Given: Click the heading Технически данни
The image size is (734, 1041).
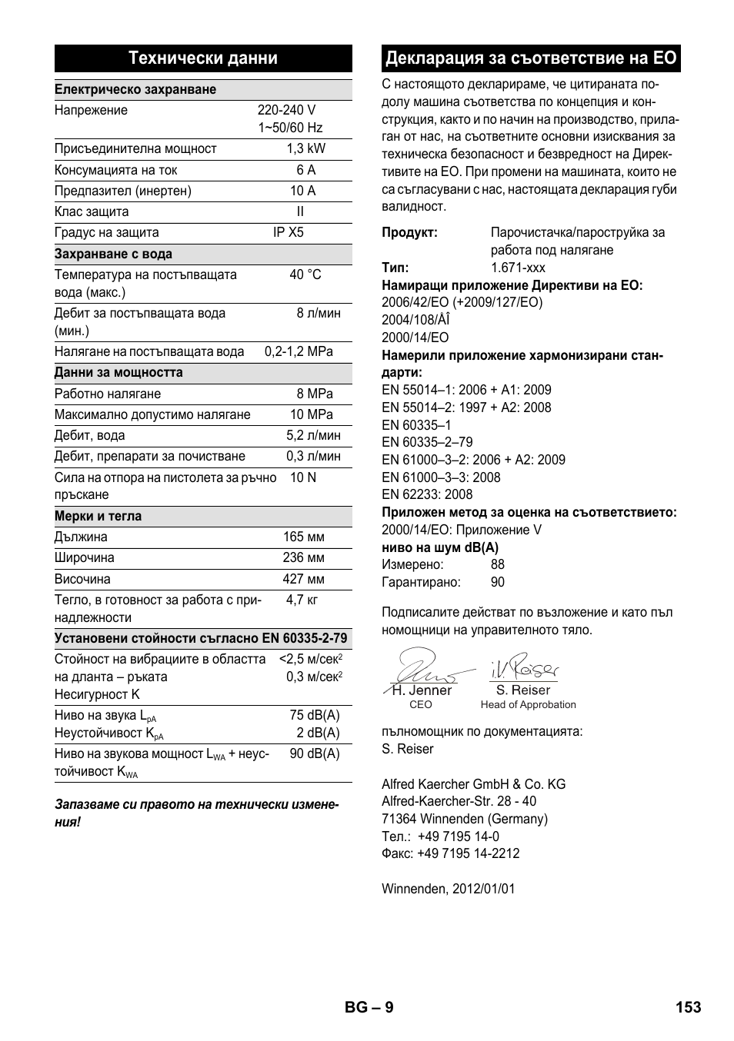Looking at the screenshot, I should (202, 58).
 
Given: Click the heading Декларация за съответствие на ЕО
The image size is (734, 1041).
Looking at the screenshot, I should (531, 58).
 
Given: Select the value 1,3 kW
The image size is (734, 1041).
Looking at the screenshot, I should (305, 149).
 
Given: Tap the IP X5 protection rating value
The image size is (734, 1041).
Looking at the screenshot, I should (289, 232).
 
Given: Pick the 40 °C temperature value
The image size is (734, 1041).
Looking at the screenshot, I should (305, 274).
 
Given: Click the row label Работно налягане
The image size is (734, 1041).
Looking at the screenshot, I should (108, 394).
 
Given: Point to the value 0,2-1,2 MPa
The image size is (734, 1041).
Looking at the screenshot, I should (299, 351).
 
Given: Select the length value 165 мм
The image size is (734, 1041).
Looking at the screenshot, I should (303, 537).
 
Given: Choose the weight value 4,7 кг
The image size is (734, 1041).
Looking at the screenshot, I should (302, 600).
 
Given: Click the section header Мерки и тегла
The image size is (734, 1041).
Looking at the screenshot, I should (98, 516).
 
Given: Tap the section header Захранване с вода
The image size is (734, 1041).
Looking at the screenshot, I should (113, 254).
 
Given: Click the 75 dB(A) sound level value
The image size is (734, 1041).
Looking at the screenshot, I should (314, 715).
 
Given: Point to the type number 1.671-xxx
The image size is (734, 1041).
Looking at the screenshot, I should (518, 268).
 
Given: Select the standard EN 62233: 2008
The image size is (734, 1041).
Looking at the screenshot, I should (427, 494).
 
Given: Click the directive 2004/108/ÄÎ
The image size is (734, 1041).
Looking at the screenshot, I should (415, 320).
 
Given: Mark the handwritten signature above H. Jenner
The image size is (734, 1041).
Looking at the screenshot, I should (422, 666).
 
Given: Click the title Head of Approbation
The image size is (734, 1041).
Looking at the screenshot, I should (528, 704).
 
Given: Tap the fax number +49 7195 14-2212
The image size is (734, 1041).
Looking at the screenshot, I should (469, 853).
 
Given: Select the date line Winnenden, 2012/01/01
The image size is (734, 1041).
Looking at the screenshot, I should (449, 889).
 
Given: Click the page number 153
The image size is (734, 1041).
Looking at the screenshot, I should (689, 1007).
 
